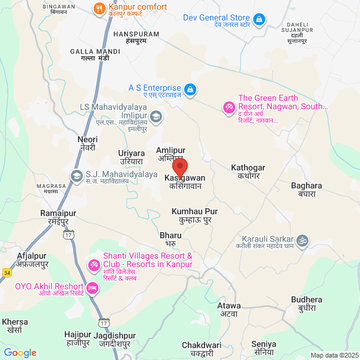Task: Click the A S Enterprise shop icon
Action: click(x=190, y=89)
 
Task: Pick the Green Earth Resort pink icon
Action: click(x=228, y=107)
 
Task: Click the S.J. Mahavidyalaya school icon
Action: click(x=76, y=176)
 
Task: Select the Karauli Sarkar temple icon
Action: click(x=303, y=240)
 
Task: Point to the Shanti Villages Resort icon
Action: click(x=94, y=264)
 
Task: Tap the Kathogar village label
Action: click(x=248, y=172)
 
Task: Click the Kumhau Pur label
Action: click(x=194, y=216)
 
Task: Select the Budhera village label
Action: click(x=306, y=304)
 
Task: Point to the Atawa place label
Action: click(x=229, y=310)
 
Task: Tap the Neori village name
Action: click(x=88, y=143)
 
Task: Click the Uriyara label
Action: click(x=131, y=158)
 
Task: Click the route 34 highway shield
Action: click(x=7, y=272)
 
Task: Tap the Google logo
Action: click(x=20, y=353)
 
